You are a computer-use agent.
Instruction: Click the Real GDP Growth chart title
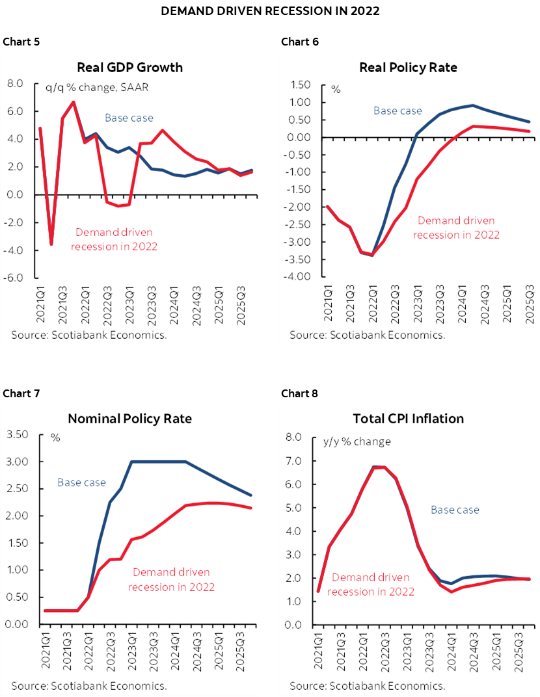pos(129,67)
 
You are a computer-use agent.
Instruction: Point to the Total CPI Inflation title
pos(408,418)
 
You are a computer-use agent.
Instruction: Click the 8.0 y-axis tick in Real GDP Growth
pos(14,83)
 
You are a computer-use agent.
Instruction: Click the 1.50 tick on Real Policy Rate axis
pos(297,85)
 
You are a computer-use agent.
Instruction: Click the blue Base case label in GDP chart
pos(129,118)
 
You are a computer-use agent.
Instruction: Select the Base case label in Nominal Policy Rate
pos(81,482)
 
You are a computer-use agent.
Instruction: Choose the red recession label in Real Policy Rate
pos(456,228)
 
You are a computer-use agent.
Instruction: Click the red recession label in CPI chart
pos(371,584)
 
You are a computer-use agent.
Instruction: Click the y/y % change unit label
pos(357,441)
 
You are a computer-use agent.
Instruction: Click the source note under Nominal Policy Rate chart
pos(88,685)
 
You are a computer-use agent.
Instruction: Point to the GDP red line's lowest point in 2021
pos(51,244)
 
